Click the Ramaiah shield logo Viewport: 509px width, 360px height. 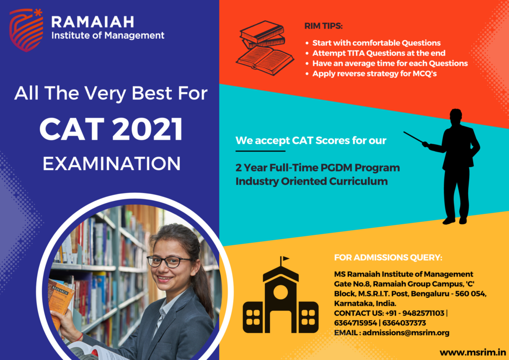click(x=26, y=30)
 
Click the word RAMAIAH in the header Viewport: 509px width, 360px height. click(x=92, y=22)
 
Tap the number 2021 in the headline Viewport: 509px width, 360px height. click(x=147, y=129)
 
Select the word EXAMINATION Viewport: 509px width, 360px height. click(x=111, y=163)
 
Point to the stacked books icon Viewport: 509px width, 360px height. click(x=265, y=48)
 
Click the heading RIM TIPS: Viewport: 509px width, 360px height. click(x=323, y=26)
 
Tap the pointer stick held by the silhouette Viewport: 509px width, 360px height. click(x=413, y=137)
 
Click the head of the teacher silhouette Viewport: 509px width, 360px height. click(x=456, y=115)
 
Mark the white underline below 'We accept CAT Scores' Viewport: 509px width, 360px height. click(x=260, y=151)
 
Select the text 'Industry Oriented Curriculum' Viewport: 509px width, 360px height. click(x=312, y=181)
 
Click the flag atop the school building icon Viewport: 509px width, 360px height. click(x=285, y=259)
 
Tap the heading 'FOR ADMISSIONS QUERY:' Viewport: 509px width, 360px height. click(x=388, y=258)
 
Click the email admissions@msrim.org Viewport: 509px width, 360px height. click(x=406, y=333)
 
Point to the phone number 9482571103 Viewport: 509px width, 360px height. click(x=424, y=313)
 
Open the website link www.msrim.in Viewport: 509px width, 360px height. click(x=473, y=353)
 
